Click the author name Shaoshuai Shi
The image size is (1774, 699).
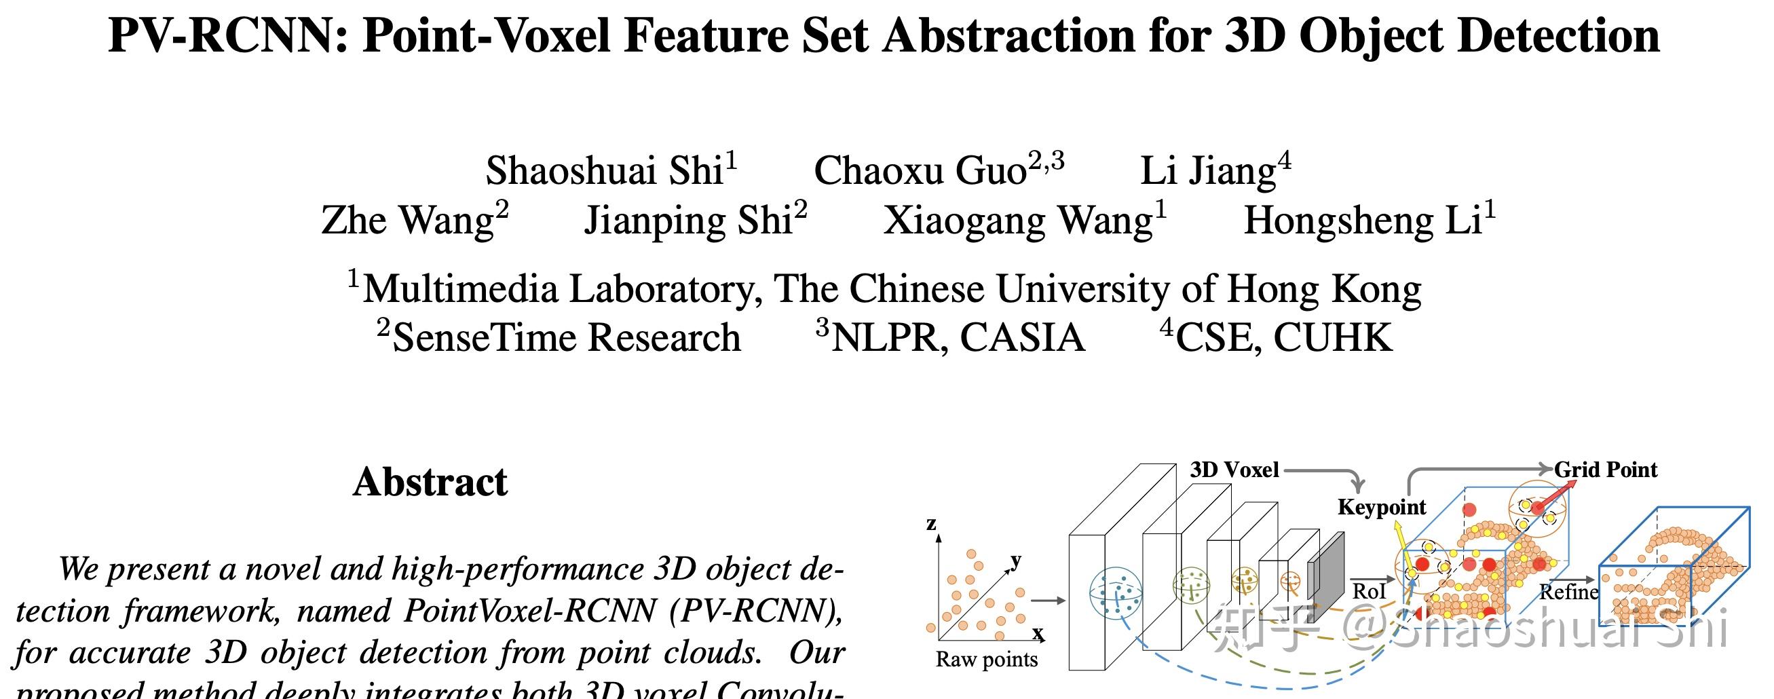click(x=604, y=170)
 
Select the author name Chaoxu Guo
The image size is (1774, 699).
click(x=920, y=170)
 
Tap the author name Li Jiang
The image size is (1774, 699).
click(x=1208, y=170)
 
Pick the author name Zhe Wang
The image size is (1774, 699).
click(x=407, y=221)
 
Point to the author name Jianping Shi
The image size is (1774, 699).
click(x=688, y=221)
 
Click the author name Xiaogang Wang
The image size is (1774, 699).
click(x=1018, y=221)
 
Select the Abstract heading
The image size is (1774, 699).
click(x=430, y=481)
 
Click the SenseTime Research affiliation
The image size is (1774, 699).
click(x=566, y=337)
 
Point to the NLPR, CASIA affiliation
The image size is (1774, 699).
click(x=958, y=337)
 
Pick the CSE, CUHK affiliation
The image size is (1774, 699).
click(x=1283, y=337)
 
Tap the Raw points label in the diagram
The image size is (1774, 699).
click(x=986, y=659)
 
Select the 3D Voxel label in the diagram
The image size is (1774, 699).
click(x=1234, y=470)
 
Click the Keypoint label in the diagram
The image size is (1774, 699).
click(x=1382, y=507)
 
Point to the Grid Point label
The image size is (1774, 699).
click(x=1605, y=470)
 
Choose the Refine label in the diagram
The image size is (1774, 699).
click(x=1569, y=592)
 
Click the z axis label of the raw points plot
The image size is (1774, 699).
click(x=931, y=523)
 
